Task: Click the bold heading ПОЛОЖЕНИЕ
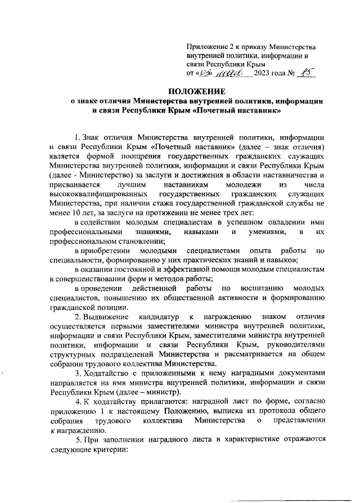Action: pyautogui.click(x=196, y=91)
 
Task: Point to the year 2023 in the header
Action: pyautogui.click(x=264, y=74)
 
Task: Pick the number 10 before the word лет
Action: pyautogui.click(x=74, y=213)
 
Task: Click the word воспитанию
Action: pyautogui.click(x=264, y=288)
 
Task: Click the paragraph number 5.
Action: pyautogui.click(x=78, y=442)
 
